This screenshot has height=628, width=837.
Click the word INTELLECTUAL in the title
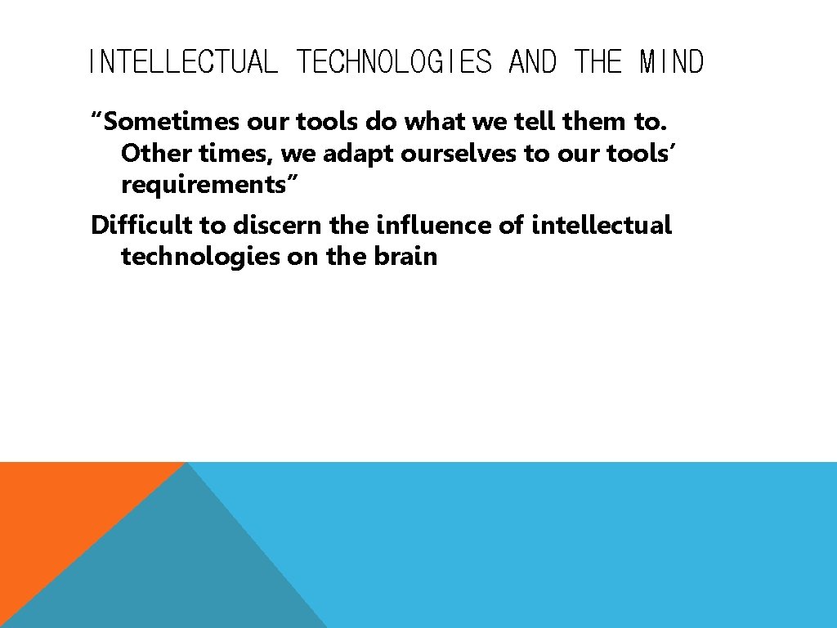coord(182,62)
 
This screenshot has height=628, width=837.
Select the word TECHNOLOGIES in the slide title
coord(394,62)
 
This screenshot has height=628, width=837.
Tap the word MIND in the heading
coord(671,62)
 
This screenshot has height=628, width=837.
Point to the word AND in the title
coord(532,62)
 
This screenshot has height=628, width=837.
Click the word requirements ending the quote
coord(205,186)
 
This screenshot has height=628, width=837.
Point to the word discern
coord(278,225)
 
